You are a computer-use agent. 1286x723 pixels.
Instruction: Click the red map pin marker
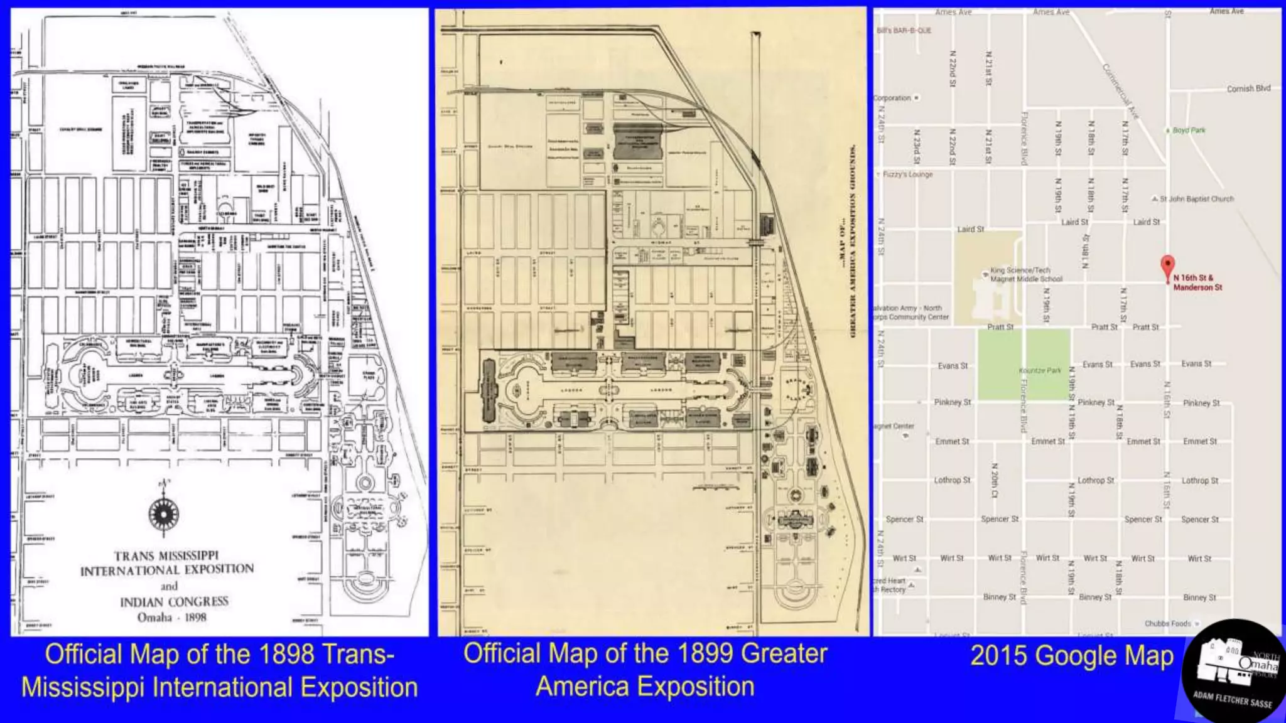click(1167, 266)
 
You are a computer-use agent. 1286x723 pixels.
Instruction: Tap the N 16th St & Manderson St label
click(1197, 282)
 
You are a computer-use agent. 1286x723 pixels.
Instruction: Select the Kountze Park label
click(1040, 371)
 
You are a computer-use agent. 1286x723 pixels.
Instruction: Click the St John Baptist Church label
click(1196, 199)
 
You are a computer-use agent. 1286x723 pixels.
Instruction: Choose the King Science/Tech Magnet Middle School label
click(1026, 274)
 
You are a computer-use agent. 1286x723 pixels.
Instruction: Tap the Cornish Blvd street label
click(1248, 88)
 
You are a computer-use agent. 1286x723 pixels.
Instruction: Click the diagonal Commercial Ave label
click(1120, 91)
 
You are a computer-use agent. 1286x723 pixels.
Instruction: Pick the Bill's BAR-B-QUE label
click(904, 30)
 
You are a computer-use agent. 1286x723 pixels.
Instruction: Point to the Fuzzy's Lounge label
click(907, 174)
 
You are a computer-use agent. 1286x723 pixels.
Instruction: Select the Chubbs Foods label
click(1167, 623)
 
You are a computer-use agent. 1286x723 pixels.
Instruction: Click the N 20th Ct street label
click(994, 481)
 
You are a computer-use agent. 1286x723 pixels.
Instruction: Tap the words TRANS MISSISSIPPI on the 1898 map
click(166, 555)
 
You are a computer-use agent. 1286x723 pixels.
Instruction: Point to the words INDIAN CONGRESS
click(174, 601)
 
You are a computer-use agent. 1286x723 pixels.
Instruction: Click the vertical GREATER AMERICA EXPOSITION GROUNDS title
click(853, 242)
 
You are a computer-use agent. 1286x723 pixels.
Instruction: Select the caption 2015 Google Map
click(1072, 656)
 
